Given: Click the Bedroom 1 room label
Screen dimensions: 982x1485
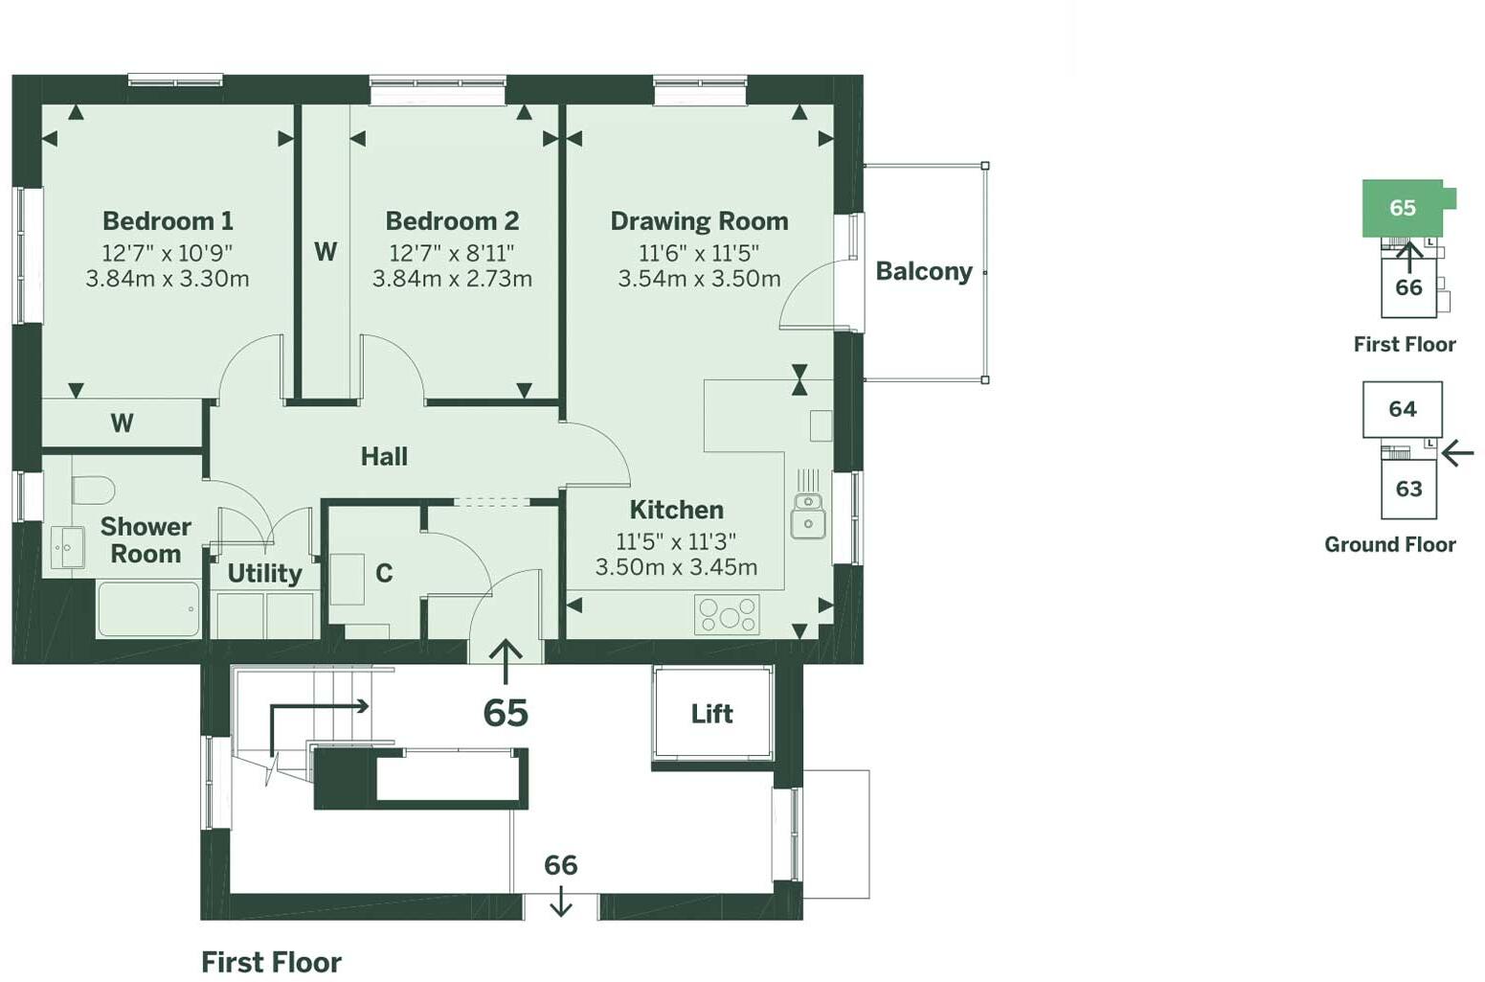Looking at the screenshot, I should [168, 221].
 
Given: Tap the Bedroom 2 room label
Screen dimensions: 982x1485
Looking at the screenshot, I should [452, 221].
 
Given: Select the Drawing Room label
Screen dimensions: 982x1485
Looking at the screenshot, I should [699, 221].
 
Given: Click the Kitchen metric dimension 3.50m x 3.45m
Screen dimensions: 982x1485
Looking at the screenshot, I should [676, 567].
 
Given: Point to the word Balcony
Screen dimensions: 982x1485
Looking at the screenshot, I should [923, 272].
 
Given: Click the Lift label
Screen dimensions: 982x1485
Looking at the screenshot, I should [711, 714].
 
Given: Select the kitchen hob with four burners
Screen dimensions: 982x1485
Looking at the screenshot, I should [728, 614].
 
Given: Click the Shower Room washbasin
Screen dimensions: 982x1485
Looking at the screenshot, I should [67, 547].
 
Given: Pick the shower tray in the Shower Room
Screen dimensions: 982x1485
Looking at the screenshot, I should [148, 608].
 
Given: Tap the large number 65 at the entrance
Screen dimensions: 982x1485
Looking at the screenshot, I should [506, 713].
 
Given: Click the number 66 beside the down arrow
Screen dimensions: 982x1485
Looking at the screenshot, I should [560, 865].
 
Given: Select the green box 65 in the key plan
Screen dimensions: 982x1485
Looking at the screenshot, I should [1402, 208].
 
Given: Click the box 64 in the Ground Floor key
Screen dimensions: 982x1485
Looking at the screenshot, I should [1402, 409].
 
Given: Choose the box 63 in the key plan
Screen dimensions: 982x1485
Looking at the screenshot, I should [1408, 489].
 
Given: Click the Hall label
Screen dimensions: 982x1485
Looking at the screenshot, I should [384, 457].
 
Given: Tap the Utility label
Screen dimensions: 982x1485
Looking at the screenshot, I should [264, 574].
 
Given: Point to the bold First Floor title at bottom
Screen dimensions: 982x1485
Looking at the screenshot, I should [271, 962].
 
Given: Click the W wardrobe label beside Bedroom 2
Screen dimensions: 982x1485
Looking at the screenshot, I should [326, 252].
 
